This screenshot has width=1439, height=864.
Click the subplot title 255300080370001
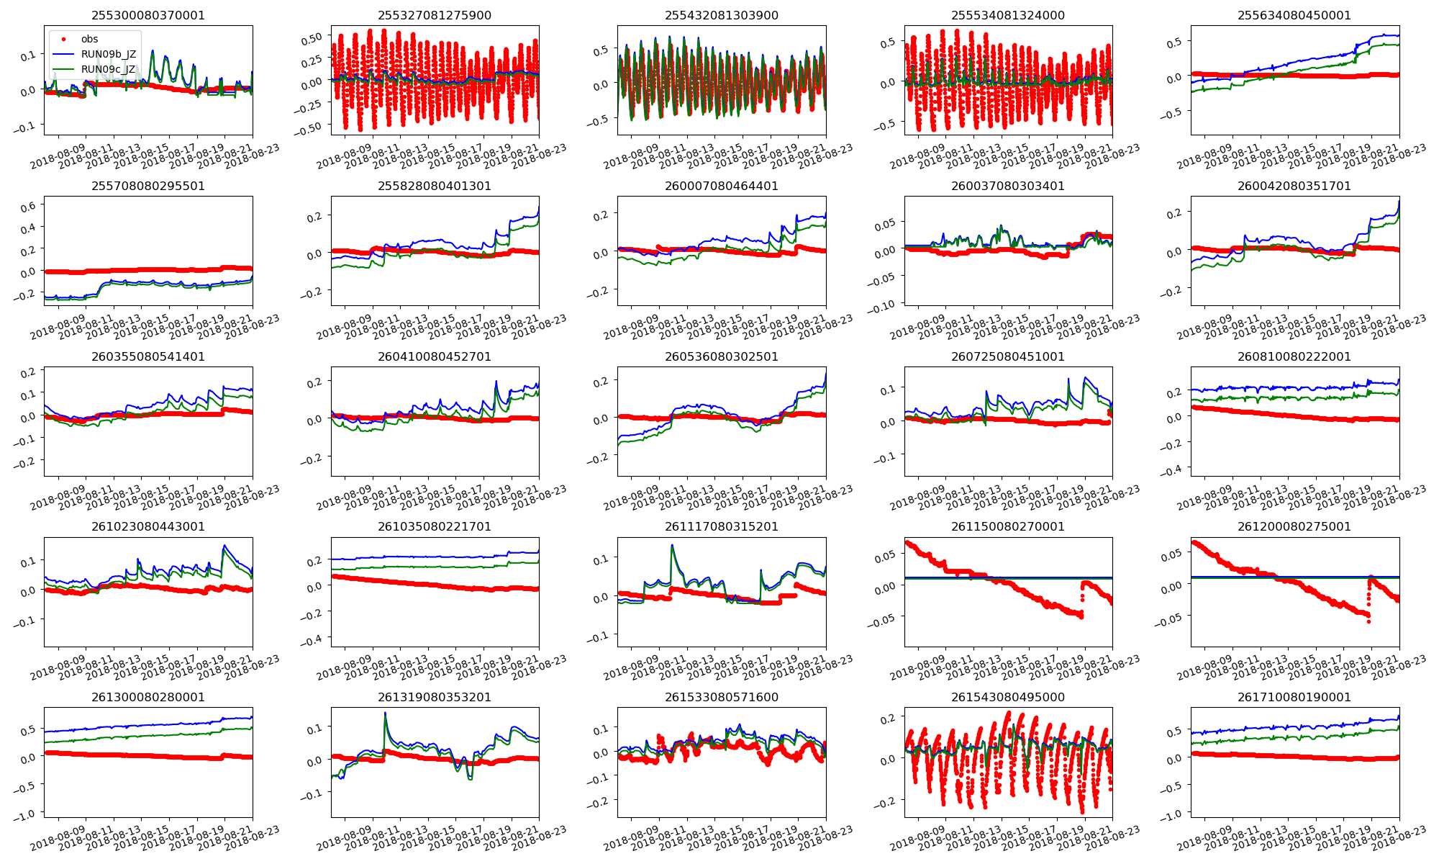[x=147, y=15]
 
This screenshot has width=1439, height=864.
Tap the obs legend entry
[x=89, y=39]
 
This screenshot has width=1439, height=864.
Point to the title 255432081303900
[x=721, y=15]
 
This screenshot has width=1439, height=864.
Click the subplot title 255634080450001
[x=1294, y=15]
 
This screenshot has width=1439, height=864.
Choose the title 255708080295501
[x=147, y=186]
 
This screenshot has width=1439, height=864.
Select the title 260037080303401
[x=1008, y=186]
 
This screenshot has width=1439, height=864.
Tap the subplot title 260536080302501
[x=721, y=356]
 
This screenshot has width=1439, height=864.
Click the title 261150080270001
[x=1008, y=526]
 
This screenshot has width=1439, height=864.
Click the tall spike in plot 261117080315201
[x=672, y=546]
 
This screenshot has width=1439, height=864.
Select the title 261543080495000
[x=1008, y=697]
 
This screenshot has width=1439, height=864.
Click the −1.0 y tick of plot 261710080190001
[x=1173, y=814]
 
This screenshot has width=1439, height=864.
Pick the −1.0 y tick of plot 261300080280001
[x=25, y=814]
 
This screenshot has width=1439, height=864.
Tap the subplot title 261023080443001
[x=147, y=526]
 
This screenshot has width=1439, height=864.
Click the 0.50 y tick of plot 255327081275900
[x=312, y=38]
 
